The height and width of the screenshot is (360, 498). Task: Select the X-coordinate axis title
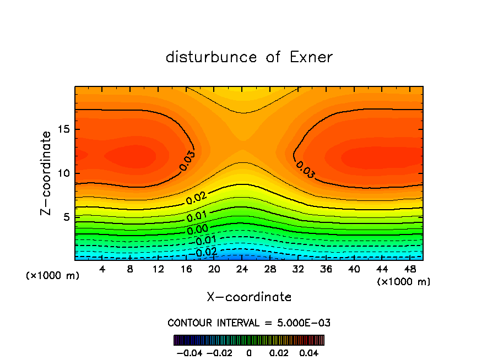pyautogui.click(x=249, y=297)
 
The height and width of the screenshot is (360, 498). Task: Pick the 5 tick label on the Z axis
pyautogui.click(x=64, y=217)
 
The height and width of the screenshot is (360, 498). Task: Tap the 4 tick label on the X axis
pyautogui.click(x=102, y=270)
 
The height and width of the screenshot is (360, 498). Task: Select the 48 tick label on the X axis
pyautogui.click(x=410, y=270)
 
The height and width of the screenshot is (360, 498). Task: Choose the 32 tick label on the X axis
pyautogui.click(x=298, y=270)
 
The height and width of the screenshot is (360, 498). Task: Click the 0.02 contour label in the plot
pyautogui.click(x=196, y=199)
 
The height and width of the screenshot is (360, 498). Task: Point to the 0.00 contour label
pyautogui.click(x=198, y=228)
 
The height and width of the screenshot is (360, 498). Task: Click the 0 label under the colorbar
pyautogui.click(x=249, y=352)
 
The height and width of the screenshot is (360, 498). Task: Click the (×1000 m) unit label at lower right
pyautogui.click(x=404, y=282)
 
